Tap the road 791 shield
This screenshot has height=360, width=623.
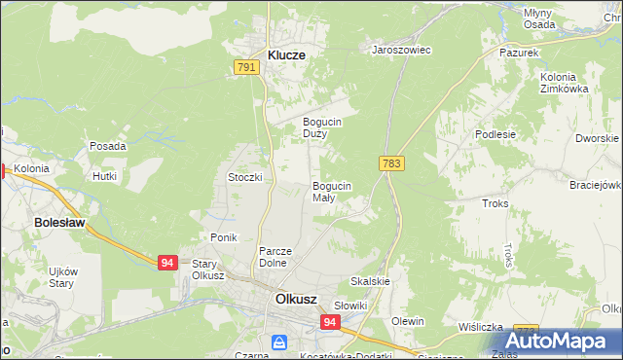coord(246,67)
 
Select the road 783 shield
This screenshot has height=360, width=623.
coord(392,163)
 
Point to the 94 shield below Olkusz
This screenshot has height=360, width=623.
coord(330,322)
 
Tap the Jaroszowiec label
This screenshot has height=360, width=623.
coord(402,49)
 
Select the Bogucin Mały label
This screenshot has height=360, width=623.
coord(331,191)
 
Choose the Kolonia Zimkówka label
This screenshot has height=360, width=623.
coord(566,83)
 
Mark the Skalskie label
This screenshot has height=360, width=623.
coord(371,281)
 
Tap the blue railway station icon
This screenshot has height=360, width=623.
coord(279,342)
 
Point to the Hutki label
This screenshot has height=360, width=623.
coord(104,176)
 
